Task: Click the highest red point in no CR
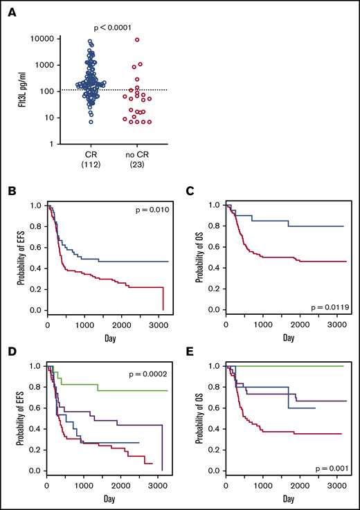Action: pos(137,40)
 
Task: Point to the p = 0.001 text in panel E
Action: pos(331,460)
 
